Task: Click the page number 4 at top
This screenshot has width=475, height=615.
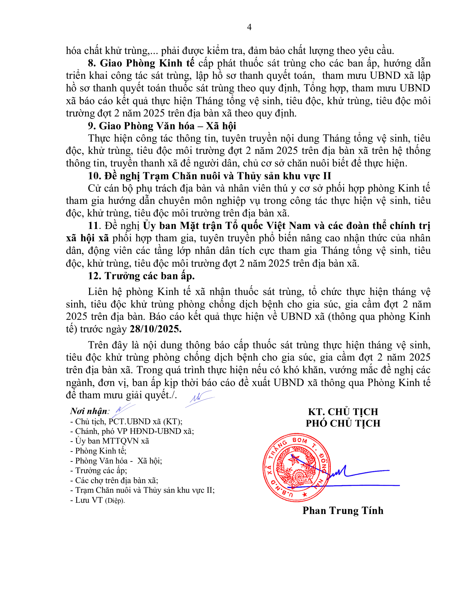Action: [249, 27]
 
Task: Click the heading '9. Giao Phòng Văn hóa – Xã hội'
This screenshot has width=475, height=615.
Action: [162, 126]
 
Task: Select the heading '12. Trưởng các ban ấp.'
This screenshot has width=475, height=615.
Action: [141, 276]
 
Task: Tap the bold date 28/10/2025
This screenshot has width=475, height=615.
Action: [156, 329]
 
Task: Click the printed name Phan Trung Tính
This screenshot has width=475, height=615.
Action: [343, 511]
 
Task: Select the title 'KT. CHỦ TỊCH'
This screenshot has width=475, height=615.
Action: [343, 412]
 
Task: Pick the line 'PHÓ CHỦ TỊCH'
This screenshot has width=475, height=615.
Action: [343, 423]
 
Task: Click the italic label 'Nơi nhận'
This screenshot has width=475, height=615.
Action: [89, 411]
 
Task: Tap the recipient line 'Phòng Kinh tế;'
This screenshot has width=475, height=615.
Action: [100, 451]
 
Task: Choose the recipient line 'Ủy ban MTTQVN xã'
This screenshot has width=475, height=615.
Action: [112, 441]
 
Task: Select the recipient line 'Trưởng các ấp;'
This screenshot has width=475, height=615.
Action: [101, 471]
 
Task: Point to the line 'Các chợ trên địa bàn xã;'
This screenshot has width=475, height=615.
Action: [116, 480]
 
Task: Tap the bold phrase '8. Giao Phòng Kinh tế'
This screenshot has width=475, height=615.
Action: [141, 63]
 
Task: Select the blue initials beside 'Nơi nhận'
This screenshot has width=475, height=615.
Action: [123, 410]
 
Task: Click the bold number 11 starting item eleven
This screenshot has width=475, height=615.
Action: [93, 226]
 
